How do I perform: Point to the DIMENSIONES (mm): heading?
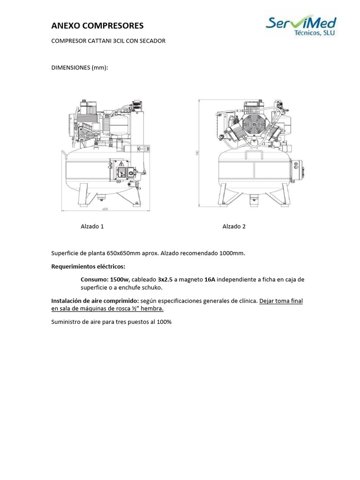(x=79, y=67)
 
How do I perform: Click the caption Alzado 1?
(x=92, y=226)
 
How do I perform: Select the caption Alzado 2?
(x=234, y=226)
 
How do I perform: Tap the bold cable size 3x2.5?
(x=165, y=279)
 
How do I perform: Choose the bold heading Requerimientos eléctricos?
(x=88, y=266)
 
